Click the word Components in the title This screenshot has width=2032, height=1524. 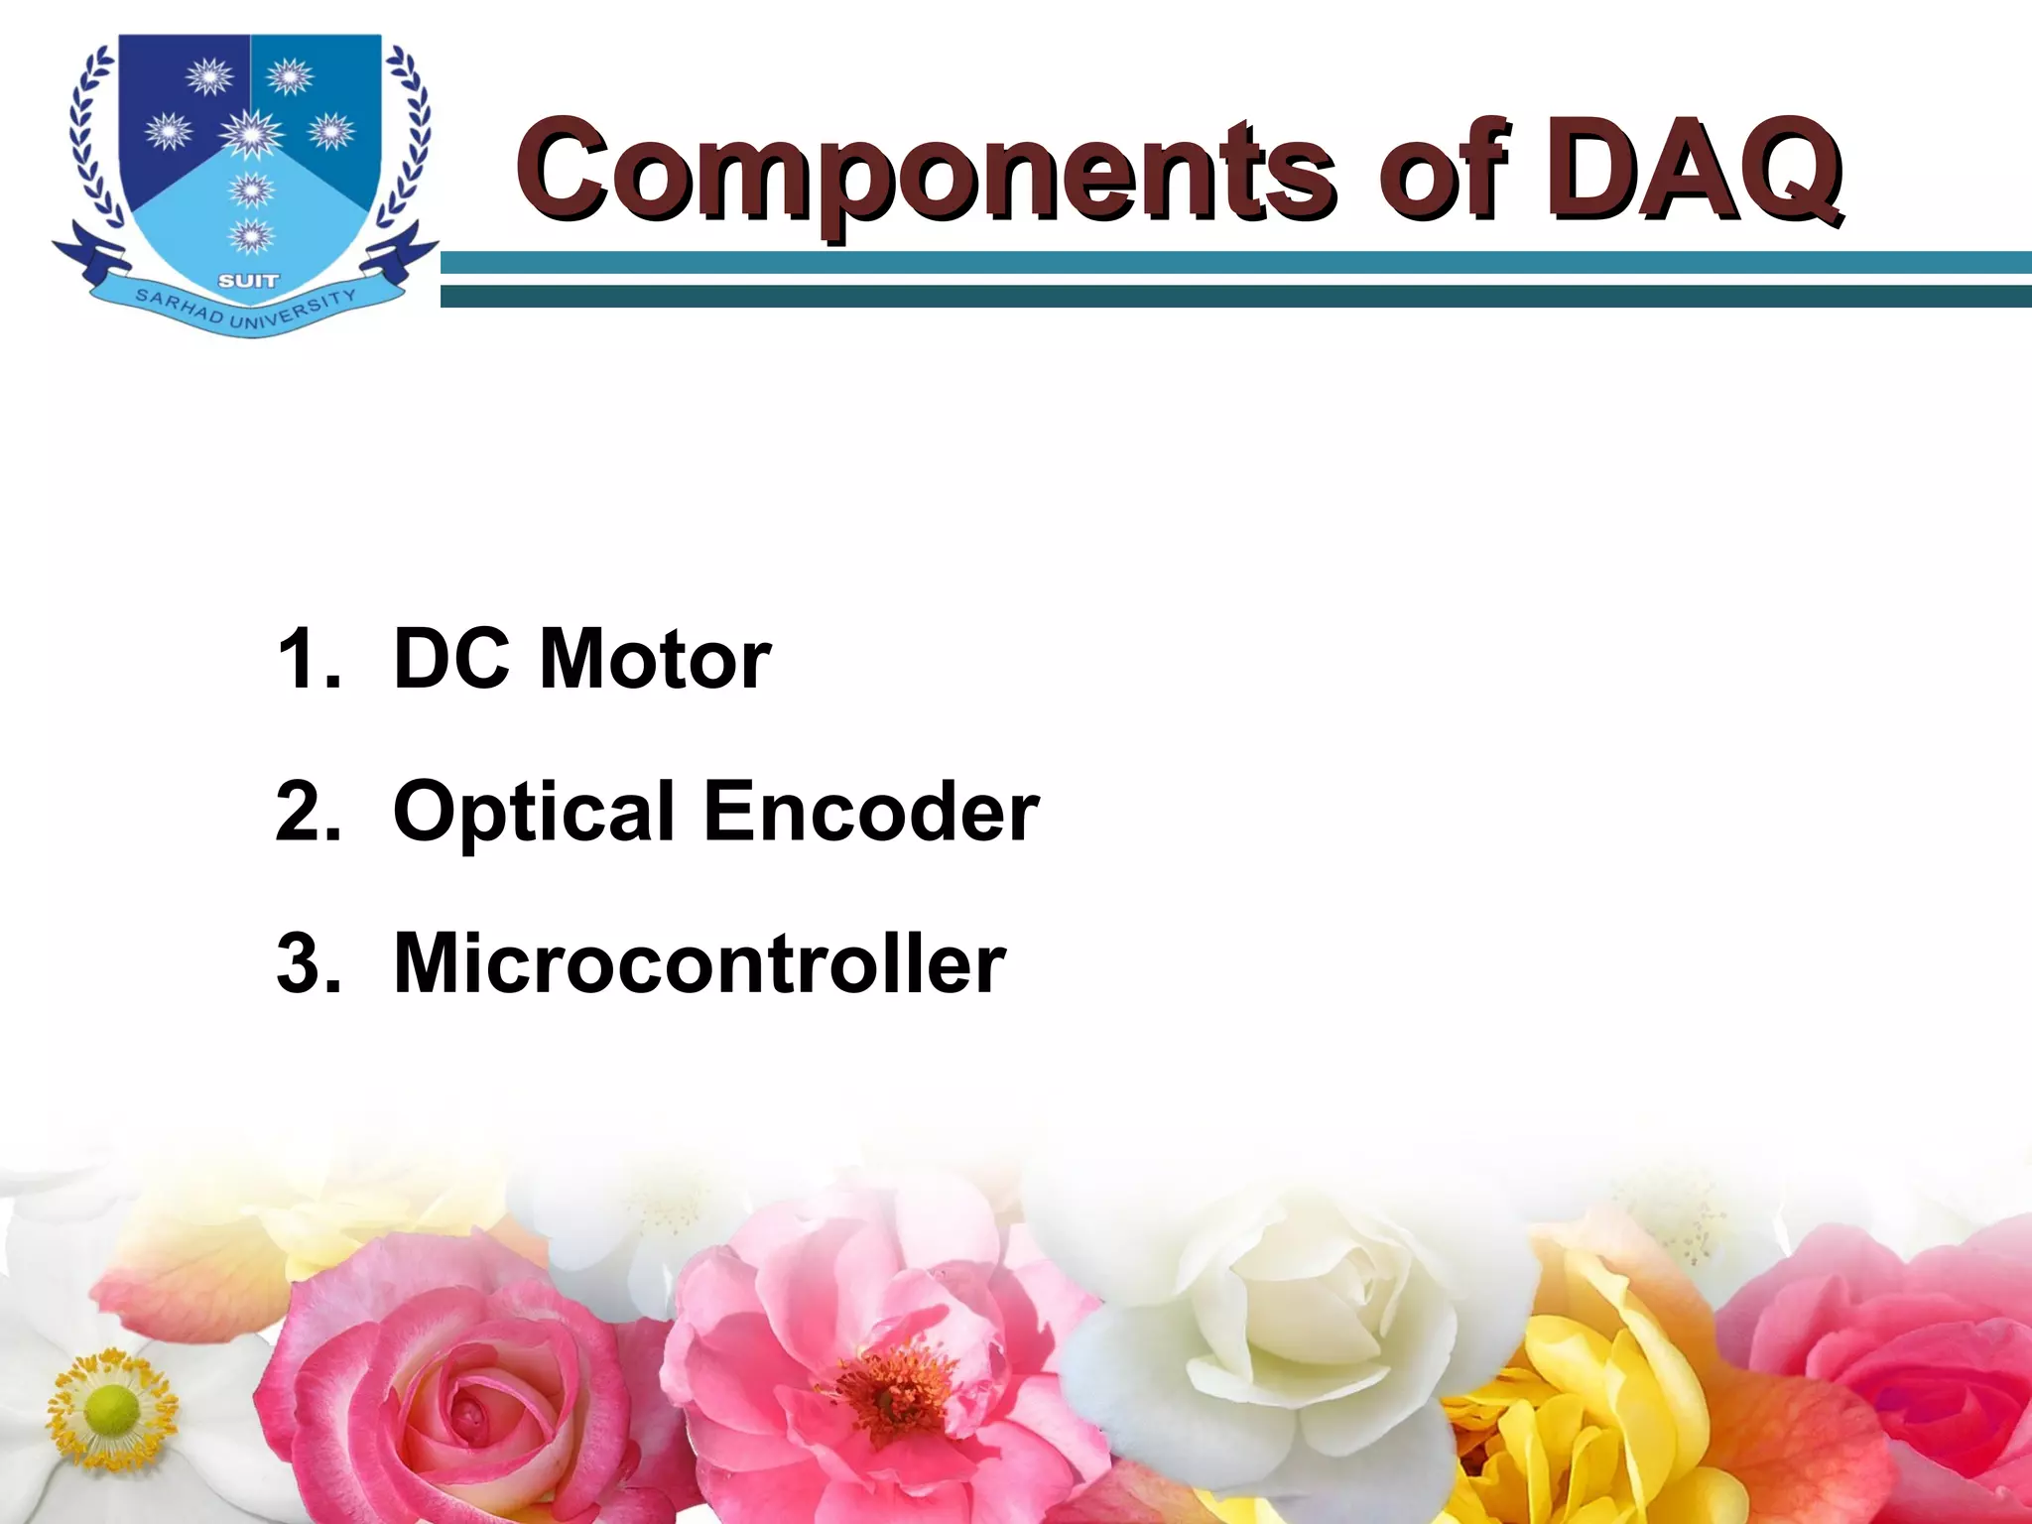coord(923,171)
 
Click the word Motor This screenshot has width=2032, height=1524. coord(655,659)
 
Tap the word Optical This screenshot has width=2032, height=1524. coord(535,812)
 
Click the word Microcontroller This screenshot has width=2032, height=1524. coord(699,963)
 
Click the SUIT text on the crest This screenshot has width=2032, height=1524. coord(248,282)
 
